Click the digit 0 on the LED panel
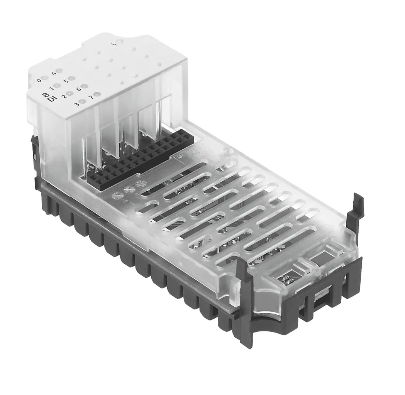coord(39,81)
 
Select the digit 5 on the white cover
coord(66,81)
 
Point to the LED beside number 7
coord(97,94)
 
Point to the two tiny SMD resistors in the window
coord(286,278)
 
